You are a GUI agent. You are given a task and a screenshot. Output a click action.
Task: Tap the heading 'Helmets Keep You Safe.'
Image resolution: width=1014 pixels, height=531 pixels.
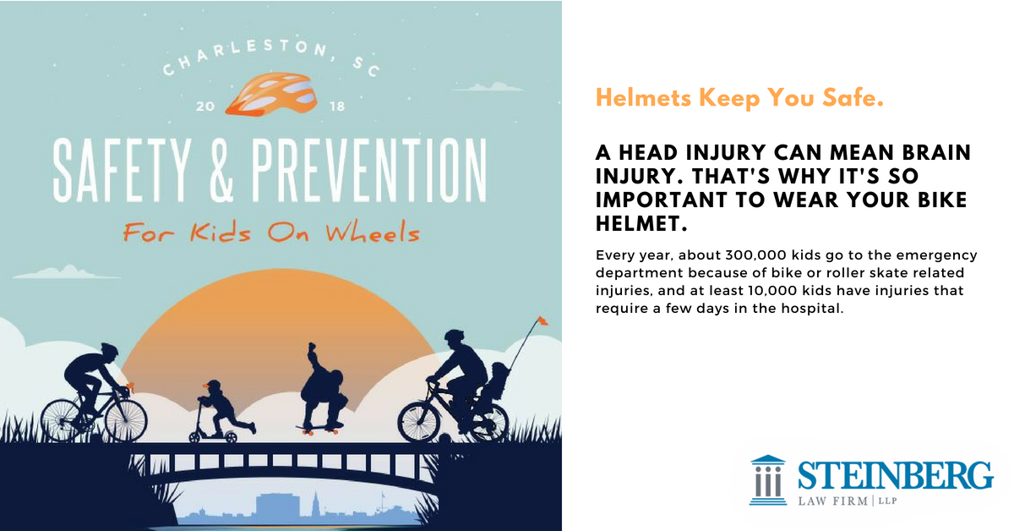pos(739,99)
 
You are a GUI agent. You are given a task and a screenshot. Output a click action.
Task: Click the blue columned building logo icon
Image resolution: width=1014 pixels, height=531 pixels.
pos(767,479)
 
